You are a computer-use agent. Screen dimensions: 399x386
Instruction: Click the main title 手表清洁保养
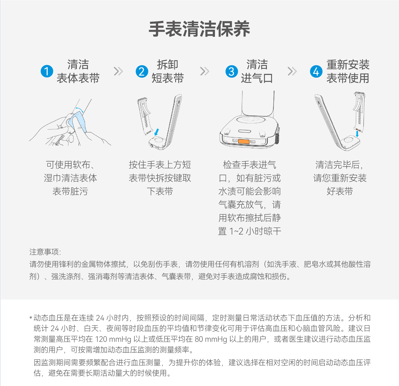click(x=199, y=29)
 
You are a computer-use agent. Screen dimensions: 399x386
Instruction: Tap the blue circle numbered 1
click(x=47, y=71)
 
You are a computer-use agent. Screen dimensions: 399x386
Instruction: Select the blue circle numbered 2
click(x=142, y=71)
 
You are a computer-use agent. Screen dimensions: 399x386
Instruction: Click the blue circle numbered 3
click(x=232, y=71)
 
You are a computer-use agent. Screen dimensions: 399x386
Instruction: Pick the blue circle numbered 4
click(x=316, y=71)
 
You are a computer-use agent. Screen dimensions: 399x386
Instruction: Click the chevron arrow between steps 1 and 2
click(x=118, y=71)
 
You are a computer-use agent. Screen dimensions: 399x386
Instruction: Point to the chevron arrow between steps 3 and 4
click(x=292, y=71)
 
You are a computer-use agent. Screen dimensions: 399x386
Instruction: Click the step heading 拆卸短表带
click(x=167, y=71)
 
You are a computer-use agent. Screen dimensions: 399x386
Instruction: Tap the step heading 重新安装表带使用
click(x=348, y=71)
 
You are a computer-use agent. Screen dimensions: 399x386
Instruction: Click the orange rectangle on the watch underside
click(x=244, y=141)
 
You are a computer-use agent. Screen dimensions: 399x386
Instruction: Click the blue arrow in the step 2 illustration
click(x=156, y=132)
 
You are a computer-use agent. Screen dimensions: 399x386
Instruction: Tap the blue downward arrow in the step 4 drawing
click(x=357, y=133)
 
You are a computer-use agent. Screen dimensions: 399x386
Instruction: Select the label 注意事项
click(x=44, y=252)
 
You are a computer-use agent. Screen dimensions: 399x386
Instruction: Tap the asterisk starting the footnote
click(x=31, y=318)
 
